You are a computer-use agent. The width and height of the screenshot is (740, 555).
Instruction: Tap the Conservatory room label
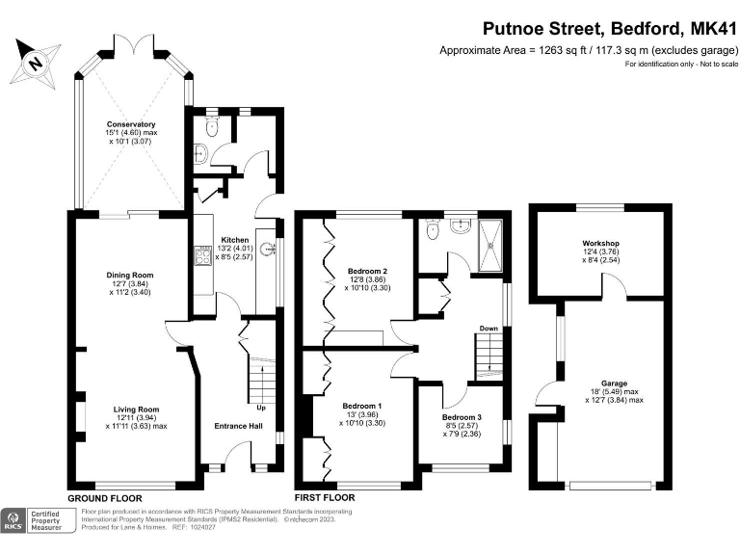131,124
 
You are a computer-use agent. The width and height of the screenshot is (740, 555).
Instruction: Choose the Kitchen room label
235,239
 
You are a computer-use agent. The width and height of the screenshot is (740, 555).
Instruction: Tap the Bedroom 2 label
366,272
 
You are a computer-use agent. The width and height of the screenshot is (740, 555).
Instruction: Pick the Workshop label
599,242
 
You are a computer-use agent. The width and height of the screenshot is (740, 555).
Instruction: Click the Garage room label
615,383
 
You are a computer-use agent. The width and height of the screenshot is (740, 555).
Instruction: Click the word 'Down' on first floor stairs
489,329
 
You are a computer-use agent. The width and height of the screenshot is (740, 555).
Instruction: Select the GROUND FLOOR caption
105,498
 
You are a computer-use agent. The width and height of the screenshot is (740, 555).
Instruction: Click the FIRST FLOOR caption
325,498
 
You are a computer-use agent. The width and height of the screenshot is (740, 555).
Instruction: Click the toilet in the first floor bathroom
432,229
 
